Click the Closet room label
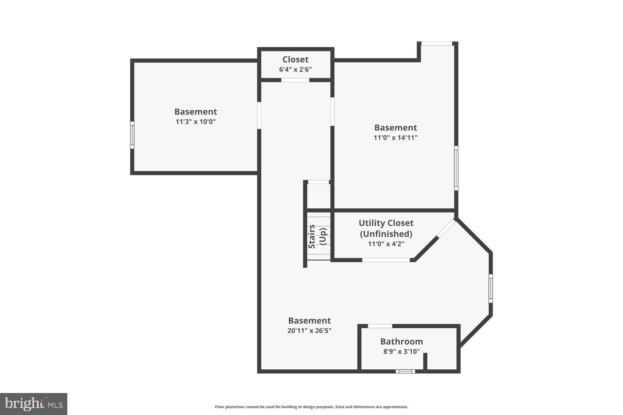295,59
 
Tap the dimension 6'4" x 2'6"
295,69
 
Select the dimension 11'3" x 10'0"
196,122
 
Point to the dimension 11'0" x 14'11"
395,138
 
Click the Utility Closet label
386,223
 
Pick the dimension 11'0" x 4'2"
386,244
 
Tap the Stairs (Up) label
317,236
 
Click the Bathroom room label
402,342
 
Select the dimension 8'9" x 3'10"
402,352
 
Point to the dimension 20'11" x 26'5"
309,331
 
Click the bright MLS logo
34,404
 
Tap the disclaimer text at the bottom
311,407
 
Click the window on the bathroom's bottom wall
405,371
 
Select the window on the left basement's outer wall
132,135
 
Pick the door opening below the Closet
295,80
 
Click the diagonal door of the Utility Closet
446,229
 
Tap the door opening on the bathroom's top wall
380,326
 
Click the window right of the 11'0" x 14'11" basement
456,168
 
